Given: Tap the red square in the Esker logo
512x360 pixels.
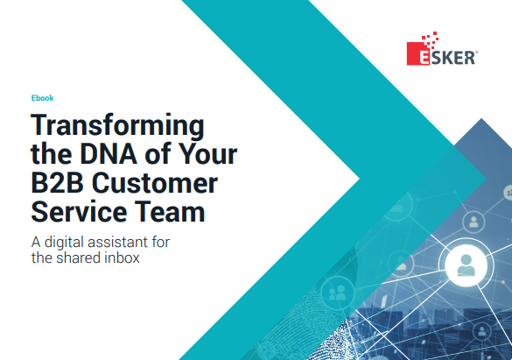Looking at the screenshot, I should [416, 56].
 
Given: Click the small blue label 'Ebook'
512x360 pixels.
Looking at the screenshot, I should [42, 98].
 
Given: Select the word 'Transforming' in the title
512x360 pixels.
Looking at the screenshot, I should [116, 124].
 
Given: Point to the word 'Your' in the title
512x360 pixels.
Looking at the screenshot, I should [207, 156].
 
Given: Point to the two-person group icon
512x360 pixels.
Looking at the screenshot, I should [336, 294].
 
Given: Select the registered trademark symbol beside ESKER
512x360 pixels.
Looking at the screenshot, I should [475, 53].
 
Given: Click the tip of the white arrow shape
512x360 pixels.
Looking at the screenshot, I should [360, 179].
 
